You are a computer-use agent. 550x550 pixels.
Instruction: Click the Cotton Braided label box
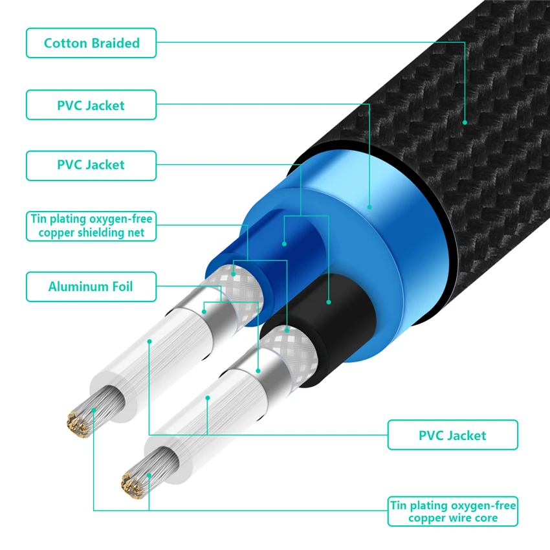click(91, 43)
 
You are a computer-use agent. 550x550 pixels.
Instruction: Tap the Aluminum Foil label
click(91, 287)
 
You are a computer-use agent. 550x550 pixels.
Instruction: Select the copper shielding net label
click(91, 226)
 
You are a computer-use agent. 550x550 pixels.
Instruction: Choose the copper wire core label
click(452, 511)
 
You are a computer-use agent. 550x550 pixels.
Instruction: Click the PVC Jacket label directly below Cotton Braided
click(91, 105)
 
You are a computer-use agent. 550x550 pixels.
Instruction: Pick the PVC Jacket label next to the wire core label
click(452, 435)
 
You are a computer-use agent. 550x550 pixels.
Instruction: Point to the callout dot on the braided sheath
click(465, 122)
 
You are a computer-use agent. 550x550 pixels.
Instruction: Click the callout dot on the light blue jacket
click(369, 208)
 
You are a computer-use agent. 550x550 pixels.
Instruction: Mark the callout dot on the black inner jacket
click(329, 302)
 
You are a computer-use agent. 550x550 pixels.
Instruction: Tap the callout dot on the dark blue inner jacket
click(285, 244)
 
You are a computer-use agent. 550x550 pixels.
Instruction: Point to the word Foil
click(120, 287)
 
